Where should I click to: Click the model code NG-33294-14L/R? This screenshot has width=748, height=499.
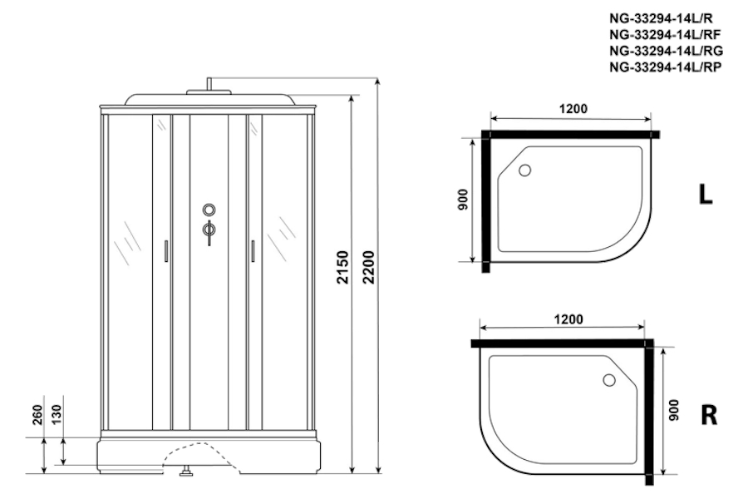(x=661, y=18)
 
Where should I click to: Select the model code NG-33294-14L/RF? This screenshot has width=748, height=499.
(x=665, y=34)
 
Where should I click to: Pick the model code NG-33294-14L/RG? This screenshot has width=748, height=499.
(x=666, y=51)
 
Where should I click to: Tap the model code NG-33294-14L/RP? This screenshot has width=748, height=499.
(x=665, y=67)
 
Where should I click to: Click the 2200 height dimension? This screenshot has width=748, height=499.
(x=369, y=268)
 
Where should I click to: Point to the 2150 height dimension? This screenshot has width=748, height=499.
(x=343, y=268)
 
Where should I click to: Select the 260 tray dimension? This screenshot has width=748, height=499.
(x=37, y=414)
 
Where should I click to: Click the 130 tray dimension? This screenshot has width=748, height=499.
(x=57, y=414)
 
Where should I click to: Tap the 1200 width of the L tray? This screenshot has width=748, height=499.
(x=573, y=109)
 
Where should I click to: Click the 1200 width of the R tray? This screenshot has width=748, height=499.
(x=568, y=319)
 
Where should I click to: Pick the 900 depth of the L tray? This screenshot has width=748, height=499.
(x=462, y=200)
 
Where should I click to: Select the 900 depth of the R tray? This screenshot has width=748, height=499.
(x=673, y=410)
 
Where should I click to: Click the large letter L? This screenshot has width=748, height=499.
(x=706, y=195)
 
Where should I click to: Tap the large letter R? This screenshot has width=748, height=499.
(x=709, y=415)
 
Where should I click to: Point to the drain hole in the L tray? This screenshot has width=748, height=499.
(x=524, y=170)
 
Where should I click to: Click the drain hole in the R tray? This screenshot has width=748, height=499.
(x=609, y=380)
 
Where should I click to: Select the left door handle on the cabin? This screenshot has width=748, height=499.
(x=166, y=251)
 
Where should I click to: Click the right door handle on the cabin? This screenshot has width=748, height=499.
(x=253, y=251)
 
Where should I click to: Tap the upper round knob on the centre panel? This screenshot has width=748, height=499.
(x=209, y=210)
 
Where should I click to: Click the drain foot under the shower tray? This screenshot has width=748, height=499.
(x=185, y=472)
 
